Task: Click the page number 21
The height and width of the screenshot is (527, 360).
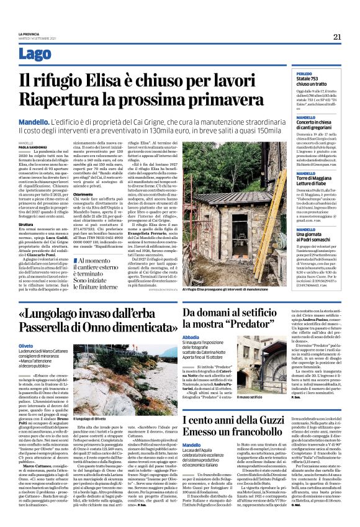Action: point(338,37)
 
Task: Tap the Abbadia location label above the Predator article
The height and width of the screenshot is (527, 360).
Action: point(191,337)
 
